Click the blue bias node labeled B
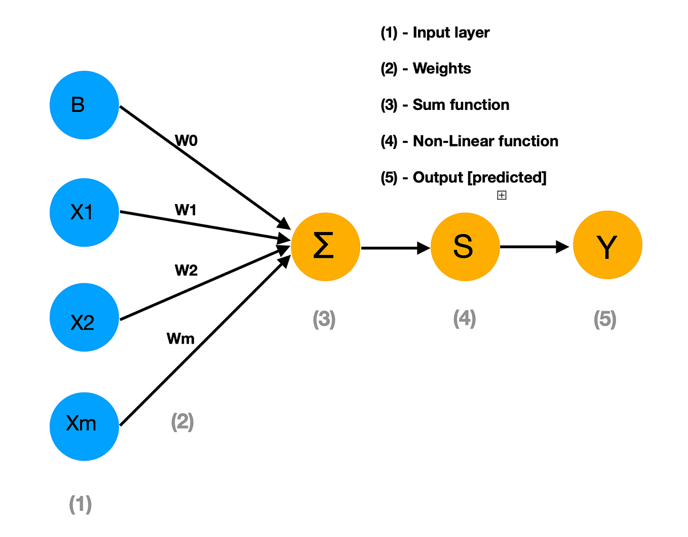coord(84,105)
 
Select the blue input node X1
coord(84,212)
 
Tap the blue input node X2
coord(84,318)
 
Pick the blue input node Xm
coord(84,426)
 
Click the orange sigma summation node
coord(325,247)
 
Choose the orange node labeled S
coord(465,247)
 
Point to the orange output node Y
coord(607,245)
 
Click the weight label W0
coord(186,141)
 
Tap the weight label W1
coord(185,210)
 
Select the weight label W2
coord(186,271)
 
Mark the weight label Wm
coord(180,338)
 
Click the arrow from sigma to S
coord(395,248)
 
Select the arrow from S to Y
coord(535,247)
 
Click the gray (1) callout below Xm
coord(80,505)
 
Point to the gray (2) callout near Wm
coord(182,421)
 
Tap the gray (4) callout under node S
coord(464,319)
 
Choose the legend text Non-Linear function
coord(485,141)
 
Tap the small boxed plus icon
coord(502,195)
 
